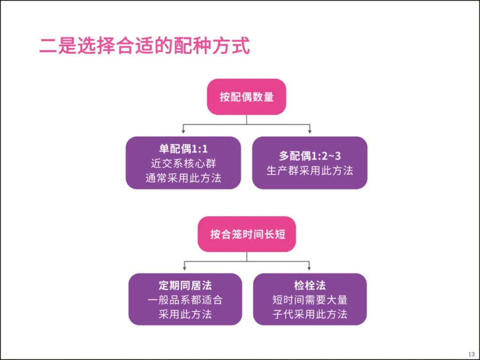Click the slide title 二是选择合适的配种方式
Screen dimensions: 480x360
144,46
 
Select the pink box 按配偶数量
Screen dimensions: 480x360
246,97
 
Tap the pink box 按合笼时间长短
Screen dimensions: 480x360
247,234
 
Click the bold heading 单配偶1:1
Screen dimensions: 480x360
183,149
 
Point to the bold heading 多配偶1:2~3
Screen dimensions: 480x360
309,156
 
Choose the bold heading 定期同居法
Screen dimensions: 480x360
185,285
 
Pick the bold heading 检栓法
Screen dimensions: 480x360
310,285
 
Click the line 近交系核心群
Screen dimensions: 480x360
184,164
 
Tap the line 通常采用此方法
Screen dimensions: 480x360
184,178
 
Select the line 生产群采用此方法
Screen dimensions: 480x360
310,171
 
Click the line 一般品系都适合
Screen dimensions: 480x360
185,300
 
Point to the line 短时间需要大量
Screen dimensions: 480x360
310,300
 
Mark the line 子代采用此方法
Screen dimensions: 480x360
310,314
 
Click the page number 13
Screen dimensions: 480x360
471,354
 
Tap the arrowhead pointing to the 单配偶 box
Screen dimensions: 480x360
184,131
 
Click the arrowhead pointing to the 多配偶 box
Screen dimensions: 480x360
310,131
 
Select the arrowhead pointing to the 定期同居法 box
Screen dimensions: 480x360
184,268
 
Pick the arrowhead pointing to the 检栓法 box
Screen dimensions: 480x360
309,268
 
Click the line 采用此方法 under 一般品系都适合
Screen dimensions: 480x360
185,314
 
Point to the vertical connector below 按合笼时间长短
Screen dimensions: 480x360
247,257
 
